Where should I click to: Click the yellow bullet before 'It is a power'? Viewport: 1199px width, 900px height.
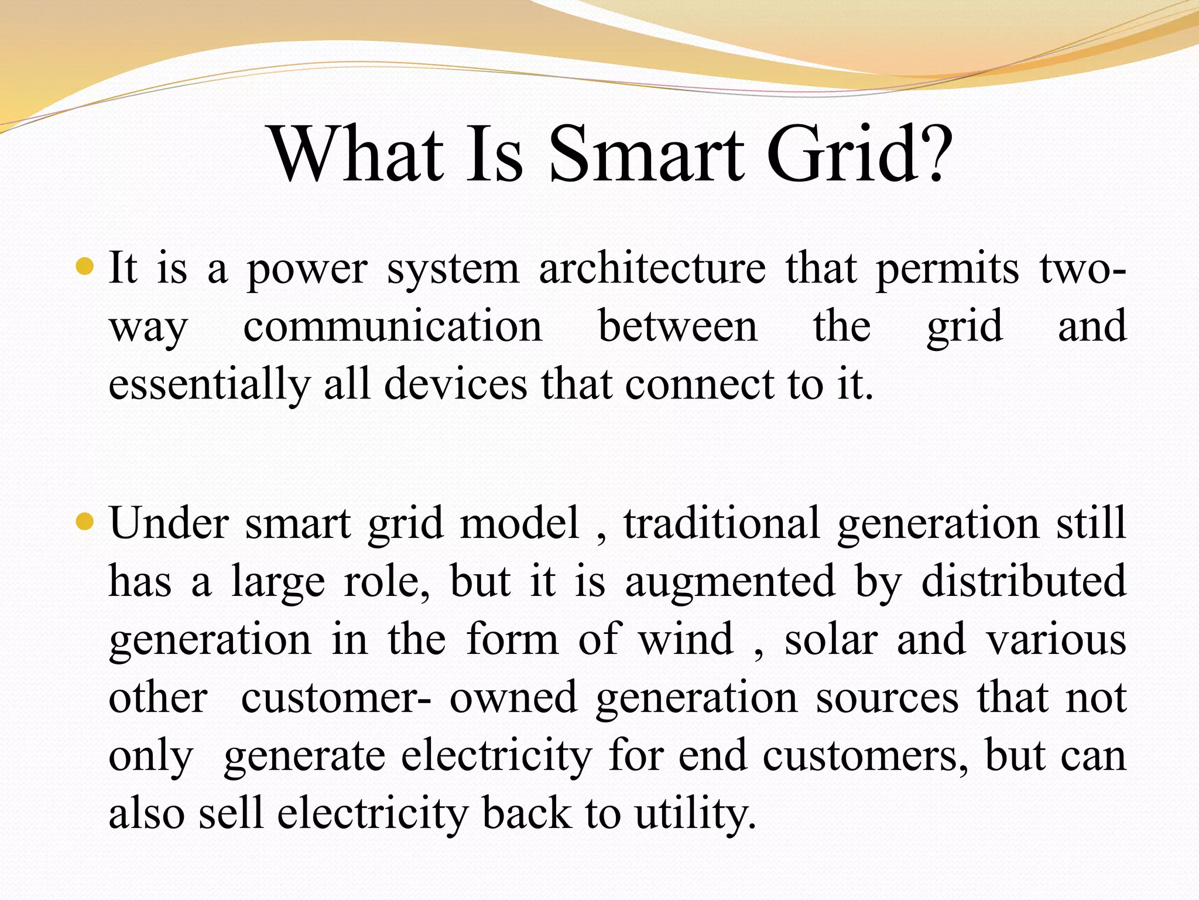pyautogui.click(x=85, y=267)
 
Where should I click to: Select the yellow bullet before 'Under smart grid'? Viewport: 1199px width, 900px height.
pyautogui.click(x=85, y=520)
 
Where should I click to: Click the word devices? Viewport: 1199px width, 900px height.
pyautogui.click(x=455, y=384)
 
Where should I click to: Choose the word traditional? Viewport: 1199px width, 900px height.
pyautogui.click(x=721, y=523)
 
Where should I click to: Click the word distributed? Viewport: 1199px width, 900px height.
pyautogui.click(x=1023, y=581)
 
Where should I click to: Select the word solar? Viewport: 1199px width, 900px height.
pyautogui.click(x=831, y=639)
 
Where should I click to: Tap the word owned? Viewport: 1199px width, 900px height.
pyautogui.click(x=513, y=697)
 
